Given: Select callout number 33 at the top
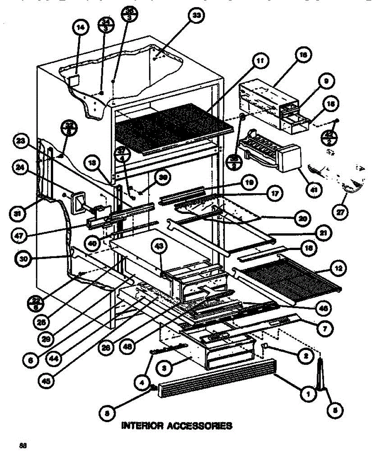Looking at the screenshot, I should (197, 16).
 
